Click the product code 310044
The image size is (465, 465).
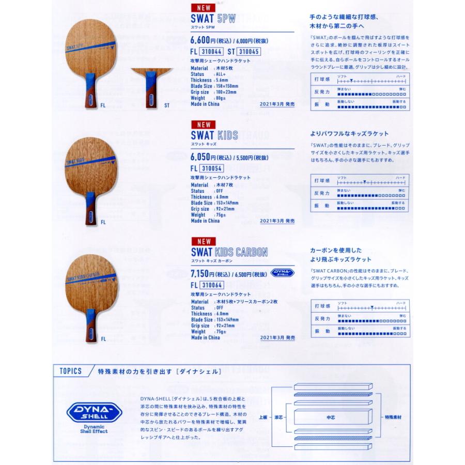pyautogui.click(x=211, y=51)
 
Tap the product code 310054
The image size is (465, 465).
pyautogui.click(x=211, y=168)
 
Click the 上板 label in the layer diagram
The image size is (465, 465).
pyautogui.click(x=262, y=416)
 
